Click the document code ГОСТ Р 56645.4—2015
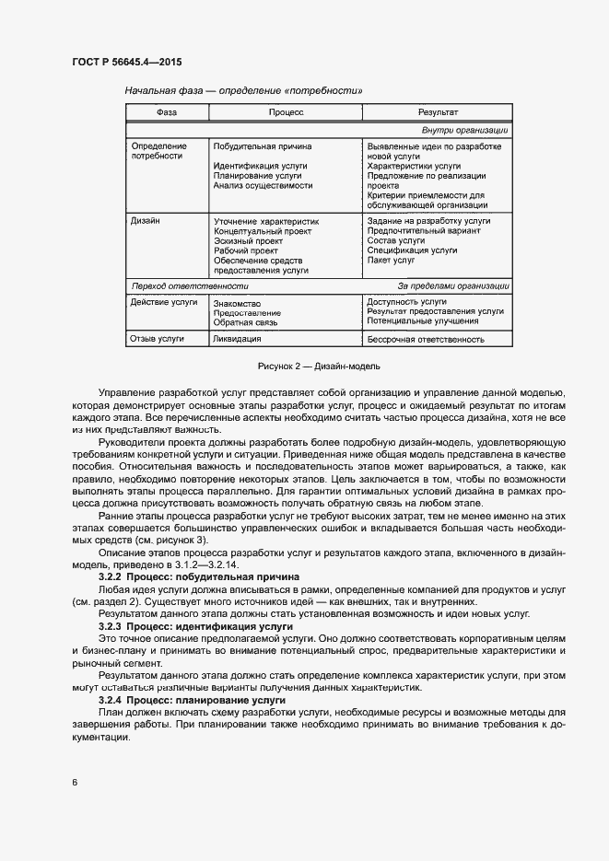[x=126, y=63]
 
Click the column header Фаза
[x=167, y=112]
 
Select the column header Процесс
[x=286, y=112]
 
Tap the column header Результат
[x=438, y=112]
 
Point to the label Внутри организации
[x=464, y=130]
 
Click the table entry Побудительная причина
[x=262, y=146]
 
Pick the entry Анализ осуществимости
[x=263, y=185]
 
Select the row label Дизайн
[x=146, y=221]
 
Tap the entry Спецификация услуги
[x=412, y=250]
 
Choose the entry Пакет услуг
[x=392, y=261]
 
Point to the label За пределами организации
[x=453, y=286]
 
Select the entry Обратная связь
[x=244, y=323]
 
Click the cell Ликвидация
[x=237, y=339]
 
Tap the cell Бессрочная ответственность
[x=426, y=339]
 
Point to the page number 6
[x=75, y=783]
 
